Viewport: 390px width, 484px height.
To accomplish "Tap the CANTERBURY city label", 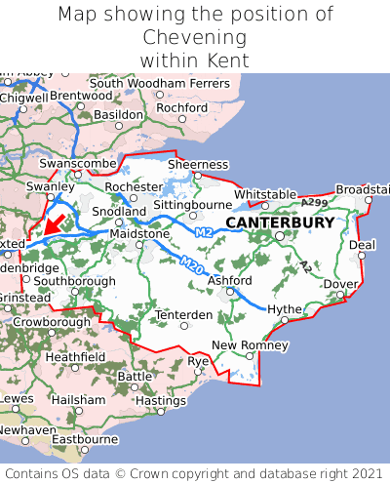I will [280, 222].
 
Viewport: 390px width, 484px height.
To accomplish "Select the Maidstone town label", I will [139, 234].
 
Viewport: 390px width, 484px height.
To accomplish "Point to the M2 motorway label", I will [203, 232].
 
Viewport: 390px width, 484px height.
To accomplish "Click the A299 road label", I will [314, 202].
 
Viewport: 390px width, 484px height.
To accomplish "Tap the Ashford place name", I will [230, 281].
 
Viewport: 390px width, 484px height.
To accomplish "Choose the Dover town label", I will [340, 284].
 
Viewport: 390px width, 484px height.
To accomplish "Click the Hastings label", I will [160, 400].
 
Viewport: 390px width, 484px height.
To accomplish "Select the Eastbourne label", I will [84, 439].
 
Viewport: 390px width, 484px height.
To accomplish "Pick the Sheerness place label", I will [198, 165].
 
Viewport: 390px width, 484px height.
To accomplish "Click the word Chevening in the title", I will [195, 37].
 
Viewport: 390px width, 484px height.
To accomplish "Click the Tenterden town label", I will [184, 314].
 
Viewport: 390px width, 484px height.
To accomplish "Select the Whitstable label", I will [265, 194].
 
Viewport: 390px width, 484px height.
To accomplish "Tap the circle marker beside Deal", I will [360, 257].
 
